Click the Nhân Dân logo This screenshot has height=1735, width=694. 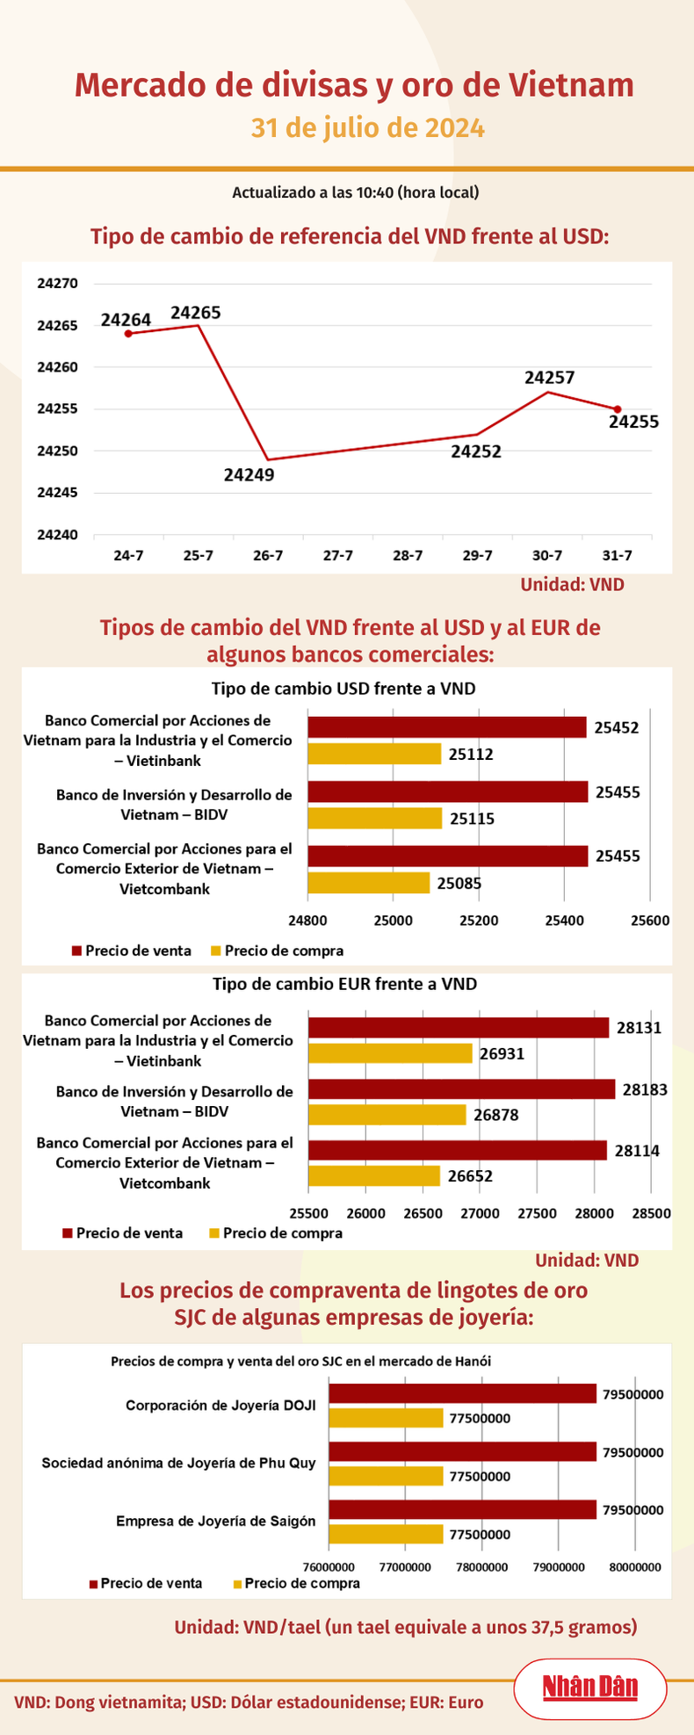tap(589, 1688)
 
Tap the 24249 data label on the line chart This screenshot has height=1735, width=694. tap(249, 475)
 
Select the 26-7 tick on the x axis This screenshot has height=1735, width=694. tap(268, 555)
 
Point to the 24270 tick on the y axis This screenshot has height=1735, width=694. tap(57, 284)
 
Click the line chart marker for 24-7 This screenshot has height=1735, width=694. tap(128, 334)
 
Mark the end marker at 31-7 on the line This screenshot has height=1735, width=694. tap(618, 409)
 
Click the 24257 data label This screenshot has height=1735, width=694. tap(549, 378)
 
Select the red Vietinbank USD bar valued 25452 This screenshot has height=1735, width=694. tap(446, 727)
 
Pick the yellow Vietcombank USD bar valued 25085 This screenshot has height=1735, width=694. tap(368, 883)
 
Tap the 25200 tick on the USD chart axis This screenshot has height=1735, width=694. tap(479, 921)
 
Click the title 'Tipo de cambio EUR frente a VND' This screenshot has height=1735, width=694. tap(344, 984)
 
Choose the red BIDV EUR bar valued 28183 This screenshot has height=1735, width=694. tap(461, 1089)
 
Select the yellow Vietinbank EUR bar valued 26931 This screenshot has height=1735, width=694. tap(390, 1052)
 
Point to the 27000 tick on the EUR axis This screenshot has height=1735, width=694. tap(481, 1213)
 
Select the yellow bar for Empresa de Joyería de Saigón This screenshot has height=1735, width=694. tap(386, 1534)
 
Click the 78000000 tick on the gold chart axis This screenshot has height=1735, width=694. tap(482, 1566)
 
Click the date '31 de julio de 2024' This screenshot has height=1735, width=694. tap(368, 128)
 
